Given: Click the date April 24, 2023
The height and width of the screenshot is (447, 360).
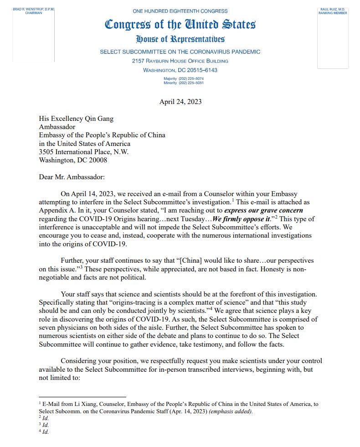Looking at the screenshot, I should click(x=180, y=102).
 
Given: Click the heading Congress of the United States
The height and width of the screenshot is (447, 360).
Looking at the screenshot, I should click(x=180, y=25).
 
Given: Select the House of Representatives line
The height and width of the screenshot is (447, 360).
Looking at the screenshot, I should click(x=180, y=39).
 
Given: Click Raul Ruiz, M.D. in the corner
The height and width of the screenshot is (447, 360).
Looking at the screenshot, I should click(x=333, y=9).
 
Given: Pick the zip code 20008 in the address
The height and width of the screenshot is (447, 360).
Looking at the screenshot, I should click(x=97, y=160).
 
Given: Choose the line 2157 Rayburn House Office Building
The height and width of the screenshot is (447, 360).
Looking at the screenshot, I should click(x=180, y=61).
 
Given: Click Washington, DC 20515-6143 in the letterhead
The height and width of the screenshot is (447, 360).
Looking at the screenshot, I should click(x=180, y=70).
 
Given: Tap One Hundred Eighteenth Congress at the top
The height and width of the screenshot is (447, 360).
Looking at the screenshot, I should click(x=180, y=10).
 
